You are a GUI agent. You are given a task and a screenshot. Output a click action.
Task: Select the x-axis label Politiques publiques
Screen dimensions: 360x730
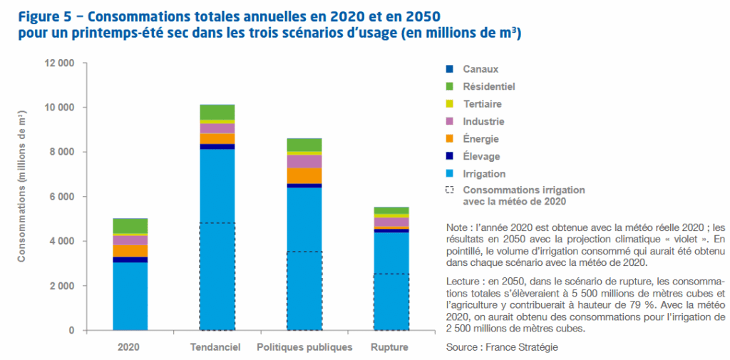tap(304, 347)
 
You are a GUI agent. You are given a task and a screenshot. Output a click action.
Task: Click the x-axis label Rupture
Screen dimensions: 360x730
tap(390, 347)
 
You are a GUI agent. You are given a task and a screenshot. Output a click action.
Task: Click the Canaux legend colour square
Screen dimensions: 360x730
tap(448, 69)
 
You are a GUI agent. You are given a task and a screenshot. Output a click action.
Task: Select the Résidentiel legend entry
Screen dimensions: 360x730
tap(488, 86)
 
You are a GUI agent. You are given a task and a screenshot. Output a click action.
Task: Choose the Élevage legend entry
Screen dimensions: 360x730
tap(481, 156)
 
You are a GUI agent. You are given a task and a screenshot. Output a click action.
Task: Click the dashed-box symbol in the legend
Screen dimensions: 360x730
tap(448, 190)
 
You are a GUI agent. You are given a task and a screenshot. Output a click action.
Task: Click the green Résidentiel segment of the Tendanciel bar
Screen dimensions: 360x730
tap(217, 112)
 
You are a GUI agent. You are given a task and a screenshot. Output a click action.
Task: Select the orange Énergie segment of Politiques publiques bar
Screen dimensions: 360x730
tap(304, 175)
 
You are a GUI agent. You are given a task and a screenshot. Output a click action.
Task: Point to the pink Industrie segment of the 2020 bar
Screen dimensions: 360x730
tap(130, 240)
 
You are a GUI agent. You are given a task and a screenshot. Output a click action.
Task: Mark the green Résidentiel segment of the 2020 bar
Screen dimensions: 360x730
tap(130, 226)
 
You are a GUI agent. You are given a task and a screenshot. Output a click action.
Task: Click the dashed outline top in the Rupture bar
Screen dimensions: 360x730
tap(391, 274)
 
